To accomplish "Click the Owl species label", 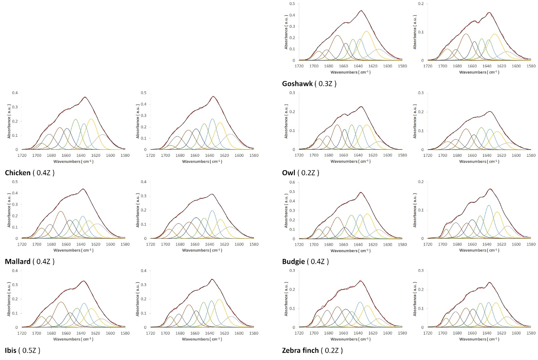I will tap(289, 172).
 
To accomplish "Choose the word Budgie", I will tap(293, 262).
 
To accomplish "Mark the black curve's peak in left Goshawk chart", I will tap(361, 11).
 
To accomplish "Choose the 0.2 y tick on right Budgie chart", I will tap(421, 182).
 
